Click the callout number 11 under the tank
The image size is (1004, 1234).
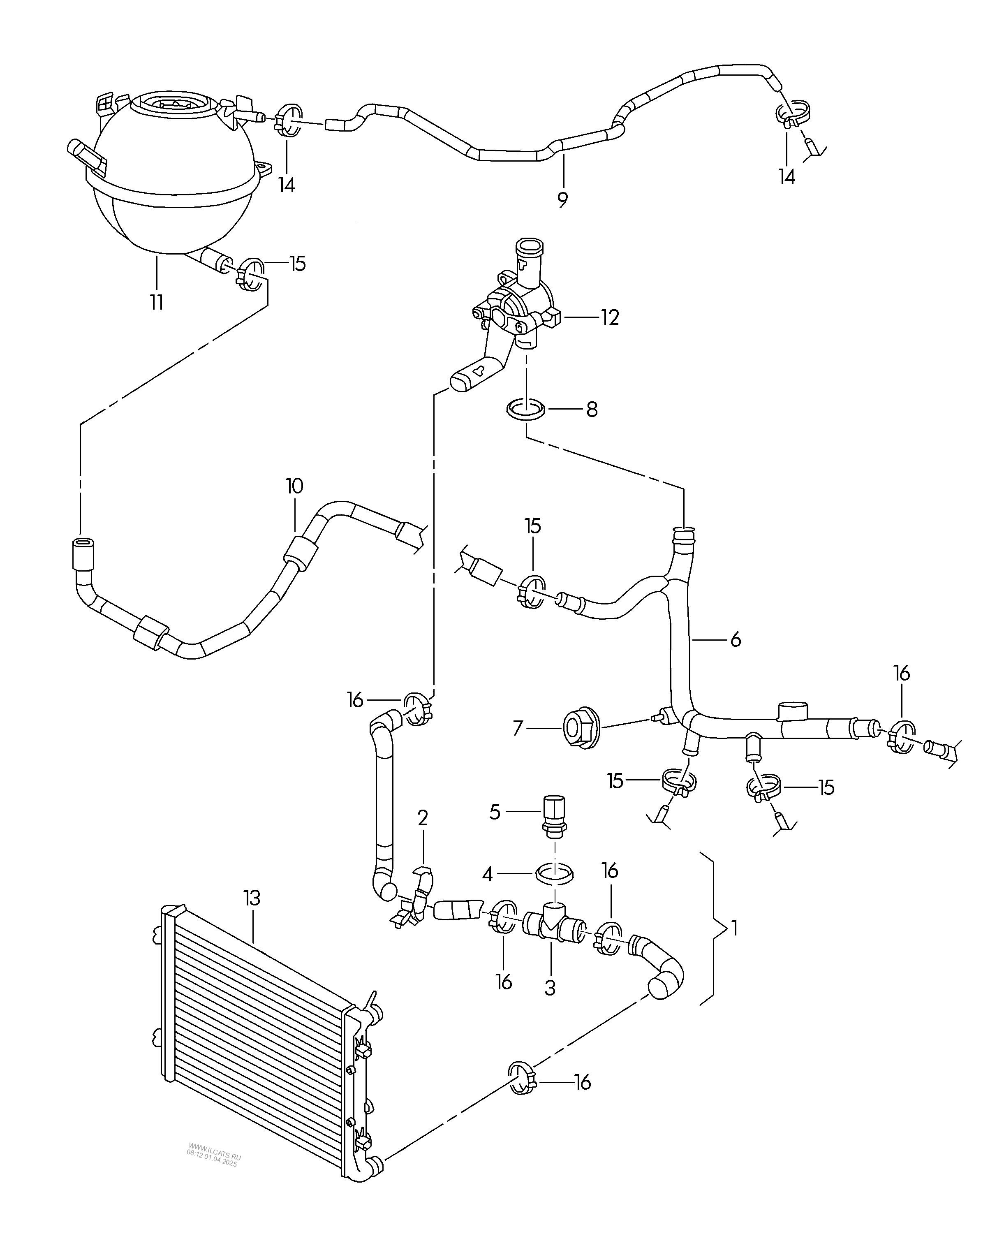pyautogui.click(x=157, y=302)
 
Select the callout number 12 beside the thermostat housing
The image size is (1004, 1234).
pyautogui.click(x=610, y=317)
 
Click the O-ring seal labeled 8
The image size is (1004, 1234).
pyautogui.click(x=526, y=410)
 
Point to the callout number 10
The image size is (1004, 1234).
pyautogui.click(x=294, y=486)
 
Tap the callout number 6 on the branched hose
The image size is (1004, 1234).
pyautogui.click(x=736, y=639)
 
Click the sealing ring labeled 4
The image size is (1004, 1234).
pyautogui.click(x=555, y=872)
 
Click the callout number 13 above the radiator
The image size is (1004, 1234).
pyautogui.click(x=252, y=898)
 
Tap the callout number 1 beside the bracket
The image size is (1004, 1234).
pyautogui.click(x=734, y=928)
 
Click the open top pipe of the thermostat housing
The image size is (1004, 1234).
pyautogui.click(x=529, y=245)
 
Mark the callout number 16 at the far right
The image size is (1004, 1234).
pyautogui.click(x=902, y=674)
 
